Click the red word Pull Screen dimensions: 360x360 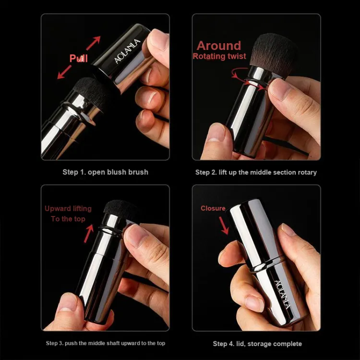click(79, 58)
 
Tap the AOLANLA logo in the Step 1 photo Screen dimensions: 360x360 click(127, 51)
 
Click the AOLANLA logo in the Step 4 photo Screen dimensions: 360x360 click(283, 295)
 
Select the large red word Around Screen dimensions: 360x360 click(219, 46)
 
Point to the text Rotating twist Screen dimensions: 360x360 click(219, 56)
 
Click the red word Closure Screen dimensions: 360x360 click(213, 208)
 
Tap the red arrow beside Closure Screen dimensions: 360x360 click(224, 226)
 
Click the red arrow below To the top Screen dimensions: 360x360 click(89, 233)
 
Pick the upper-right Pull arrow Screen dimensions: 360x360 click(93, 43)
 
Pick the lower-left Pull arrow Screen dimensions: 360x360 click(64, 72)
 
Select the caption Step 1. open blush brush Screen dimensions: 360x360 click(106, 172)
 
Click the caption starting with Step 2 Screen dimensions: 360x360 click(256, 172)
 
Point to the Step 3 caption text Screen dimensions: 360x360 click(106, 343)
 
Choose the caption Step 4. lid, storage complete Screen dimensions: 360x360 click(257, 344)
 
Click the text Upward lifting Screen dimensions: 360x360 click(68, 208)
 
